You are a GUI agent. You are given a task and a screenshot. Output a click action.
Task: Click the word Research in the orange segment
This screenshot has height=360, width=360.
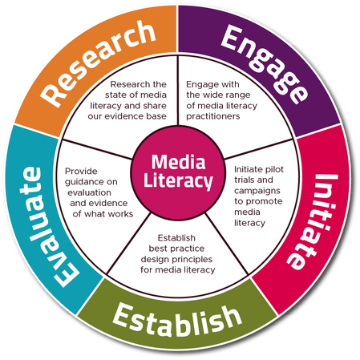click(x=98, y=64)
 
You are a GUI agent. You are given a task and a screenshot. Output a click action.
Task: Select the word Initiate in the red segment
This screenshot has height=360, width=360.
click(x=313, y=221)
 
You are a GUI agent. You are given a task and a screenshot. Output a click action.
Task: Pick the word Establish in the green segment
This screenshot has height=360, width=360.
click(x=177, y=320)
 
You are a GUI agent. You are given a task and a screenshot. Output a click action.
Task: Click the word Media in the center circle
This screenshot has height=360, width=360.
click(x=178, y=162)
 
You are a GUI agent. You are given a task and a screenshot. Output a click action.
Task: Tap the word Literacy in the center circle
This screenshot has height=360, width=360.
click(x=178, y=181)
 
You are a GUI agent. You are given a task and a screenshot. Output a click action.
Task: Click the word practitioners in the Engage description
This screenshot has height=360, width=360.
click(x=213, y=116)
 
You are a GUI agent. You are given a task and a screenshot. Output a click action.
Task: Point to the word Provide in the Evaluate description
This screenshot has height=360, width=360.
click(x=81, y=171)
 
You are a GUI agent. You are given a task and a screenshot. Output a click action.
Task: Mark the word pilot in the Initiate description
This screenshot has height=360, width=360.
click(x=275, y=170)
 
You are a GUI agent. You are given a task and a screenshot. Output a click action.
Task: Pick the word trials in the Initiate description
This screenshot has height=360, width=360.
click(x=244, y=180)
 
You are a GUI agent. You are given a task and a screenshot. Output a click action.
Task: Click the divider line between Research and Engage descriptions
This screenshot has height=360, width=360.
click(x=178, y=90)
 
